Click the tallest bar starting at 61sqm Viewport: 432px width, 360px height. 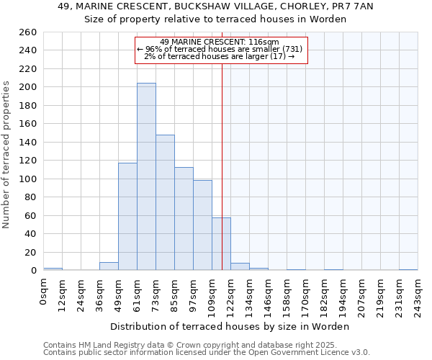[x=146, y=176]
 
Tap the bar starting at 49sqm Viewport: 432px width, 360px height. [x=127, y=216]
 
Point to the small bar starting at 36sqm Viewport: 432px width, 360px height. [x=109, y=266]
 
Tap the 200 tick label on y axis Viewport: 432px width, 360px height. [x=28, y=87]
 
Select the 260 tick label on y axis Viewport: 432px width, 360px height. [x=28, y=32]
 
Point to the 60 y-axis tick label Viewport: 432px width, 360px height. [x=31, y=215]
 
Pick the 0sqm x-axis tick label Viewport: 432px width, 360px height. [x=44, y=292]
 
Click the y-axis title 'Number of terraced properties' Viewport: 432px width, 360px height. [x=7, y=155]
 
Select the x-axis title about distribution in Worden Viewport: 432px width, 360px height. [x=229, y=327]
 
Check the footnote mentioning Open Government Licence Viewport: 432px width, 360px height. [x=207, y=353]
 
